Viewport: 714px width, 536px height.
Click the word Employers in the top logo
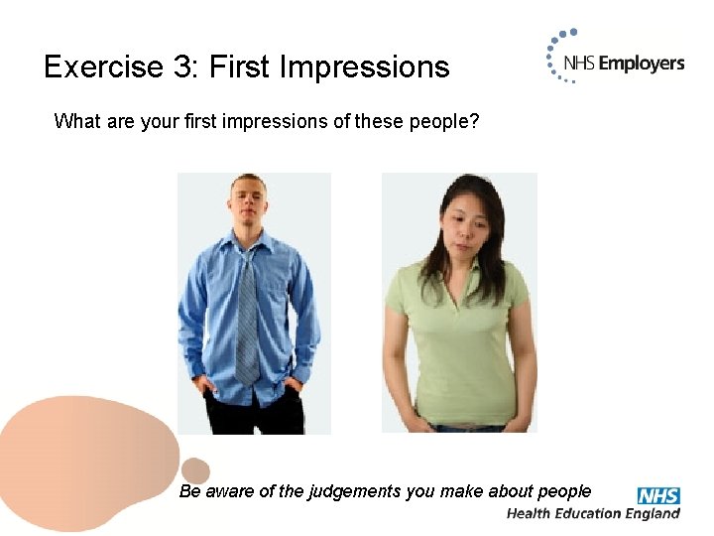pos(642,64)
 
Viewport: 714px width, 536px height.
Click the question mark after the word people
pos(474,122)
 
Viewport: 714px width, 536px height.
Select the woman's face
pos(463,223)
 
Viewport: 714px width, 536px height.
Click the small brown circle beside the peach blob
pos(196,470)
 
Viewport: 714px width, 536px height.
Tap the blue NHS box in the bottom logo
pos(657,495)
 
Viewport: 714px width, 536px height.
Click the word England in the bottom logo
pos(650,513)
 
